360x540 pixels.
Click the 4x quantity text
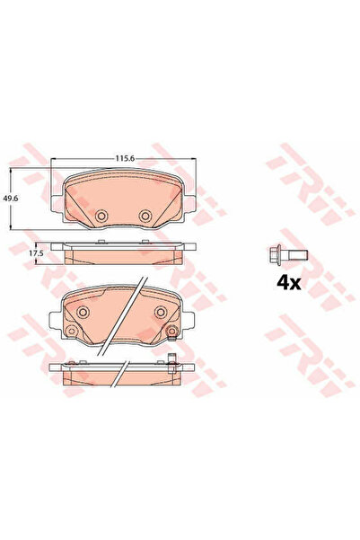coord(289,283)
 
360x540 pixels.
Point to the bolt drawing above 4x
coord(287,255)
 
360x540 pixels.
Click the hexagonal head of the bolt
coord(275,255)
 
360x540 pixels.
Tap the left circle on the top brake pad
coord(101,216)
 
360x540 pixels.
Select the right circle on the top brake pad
coord(145,216)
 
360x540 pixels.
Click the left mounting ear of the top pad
coord(57,204)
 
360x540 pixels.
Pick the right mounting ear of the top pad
coord(190,204)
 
